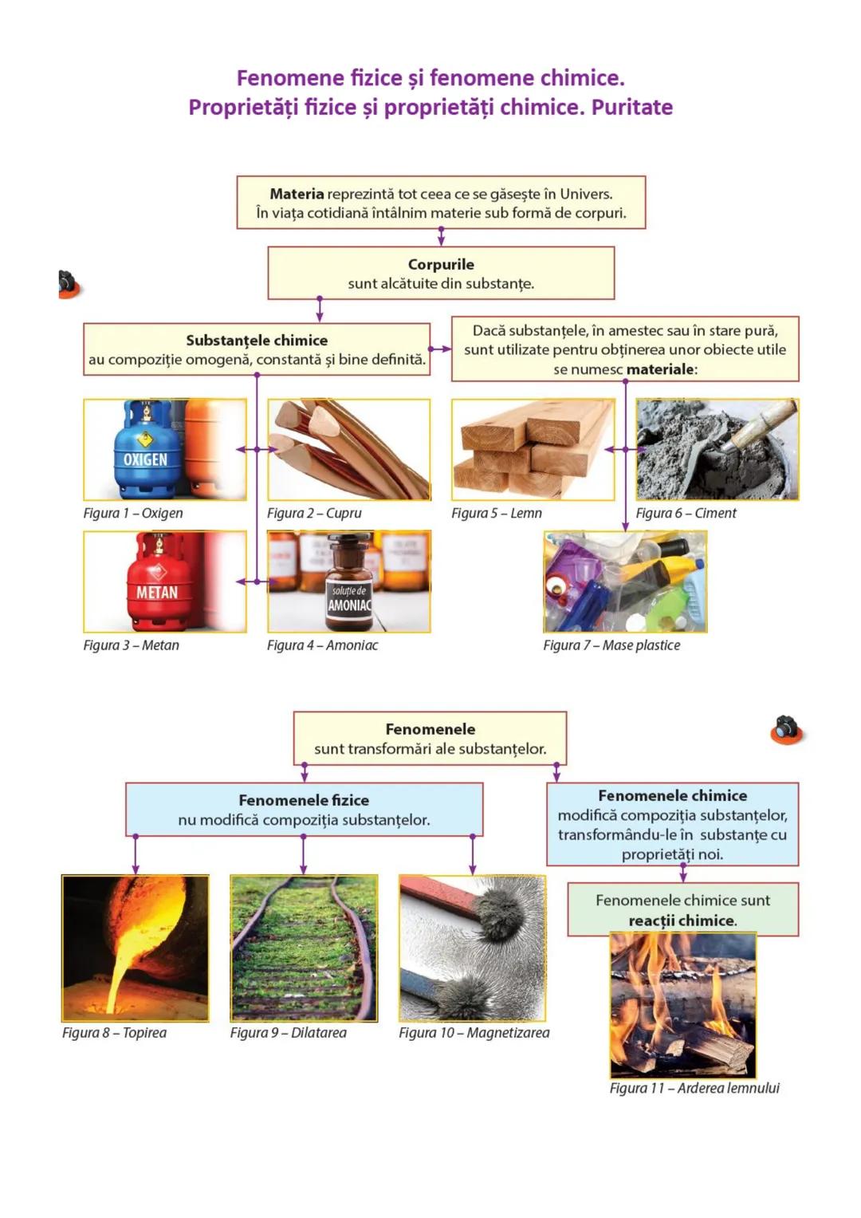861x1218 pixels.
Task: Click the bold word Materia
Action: click(x=297, y=194)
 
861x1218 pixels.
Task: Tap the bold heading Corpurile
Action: click(x=441, y=265)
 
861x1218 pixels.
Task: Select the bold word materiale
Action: click(x=661, y=369)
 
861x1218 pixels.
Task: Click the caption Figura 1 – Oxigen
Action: click(x=133, y=514)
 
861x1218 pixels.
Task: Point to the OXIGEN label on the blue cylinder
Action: click(x=145, y=460)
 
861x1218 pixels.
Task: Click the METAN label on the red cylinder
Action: click(x=156, y=593)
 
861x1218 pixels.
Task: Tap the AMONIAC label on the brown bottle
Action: click(x=349, y=605)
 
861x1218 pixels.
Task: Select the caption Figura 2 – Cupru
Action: click(x=314, y=514)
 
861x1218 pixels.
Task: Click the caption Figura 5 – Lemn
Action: click(x=497, y=514)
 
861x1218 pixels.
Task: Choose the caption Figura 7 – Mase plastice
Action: click(x=611, y=645)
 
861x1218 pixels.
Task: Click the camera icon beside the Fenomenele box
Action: click(x=787, y=729)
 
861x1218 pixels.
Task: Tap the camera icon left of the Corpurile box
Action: click(x=69, y=284)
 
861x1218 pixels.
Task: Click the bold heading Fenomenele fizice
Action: click(x=304, y=800)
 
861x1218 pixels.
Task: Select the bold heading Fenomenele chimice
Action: click(x=672, y=796)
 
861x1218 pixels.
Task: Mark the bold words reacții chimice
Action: click(x=682, y=920)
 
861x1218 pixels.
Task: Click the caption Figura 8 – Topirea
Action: click(x=114, y=1033)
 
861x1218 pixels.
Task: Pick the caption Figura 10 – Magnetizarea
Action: click(x=474, y=1033)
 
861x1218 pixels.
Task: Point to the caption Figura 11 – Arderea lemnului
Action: click(x=694, y=1088)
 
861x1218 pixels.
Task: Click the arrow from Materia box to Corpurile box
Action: click(x=441, y=237)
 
